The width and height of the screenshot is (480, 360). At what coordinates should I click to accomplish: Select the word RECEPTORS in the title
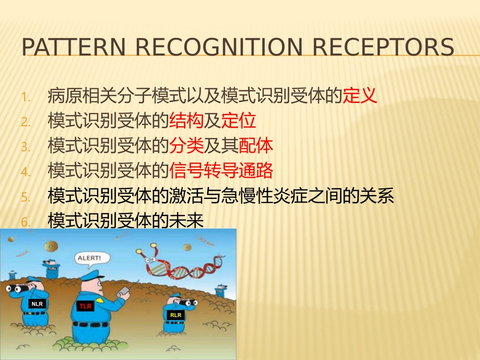click(x=383, y=47)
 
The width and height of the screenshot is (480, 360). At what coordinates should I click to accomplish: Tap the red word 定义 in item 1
click(x=360, y=95)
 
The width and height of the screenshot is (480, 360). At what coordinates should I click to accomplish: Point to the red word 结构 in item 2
click(x=186, y=121)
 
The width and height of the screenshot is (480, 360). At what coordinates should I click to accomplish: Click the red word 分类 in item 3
click(x=186, y=146)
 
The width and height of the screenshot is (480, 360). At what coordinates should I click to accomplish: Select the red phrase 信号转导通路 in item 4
click(x=221, y=171)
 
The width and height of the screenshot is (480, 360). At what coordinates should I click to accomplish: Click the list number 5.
click(x=26, y=197)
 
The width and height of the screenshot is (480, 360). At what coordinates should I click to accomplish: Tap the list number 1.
click(x=26, y=96)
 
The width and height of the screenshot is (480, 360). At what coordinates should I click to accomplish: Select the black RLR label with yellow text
click(x=175, y=315)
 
